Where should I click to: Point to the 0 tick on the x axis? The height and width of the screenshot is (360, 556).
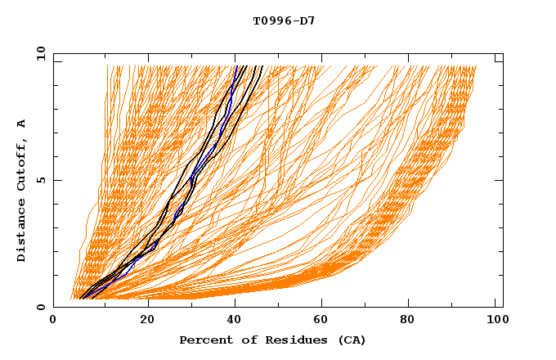coord(53,322)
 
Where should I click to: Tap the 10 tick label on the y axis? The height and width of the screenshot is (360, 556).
coord(38,54)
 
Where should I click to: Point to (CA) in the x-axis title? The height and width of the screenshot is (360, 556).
coord(350,340)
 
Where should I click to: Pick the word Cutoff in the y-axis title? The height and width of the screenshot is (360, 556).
coord(22,163)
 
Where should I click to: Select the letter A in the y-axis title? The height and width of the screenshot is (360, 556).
coord(22,124)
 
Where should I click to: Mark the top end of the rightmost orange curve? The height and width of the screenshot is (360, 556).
coord(476,66)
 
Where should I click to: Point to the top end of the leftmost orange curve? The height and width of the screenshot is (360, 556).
coord(107,66)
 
